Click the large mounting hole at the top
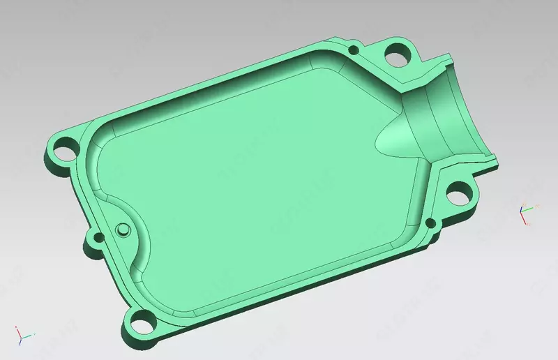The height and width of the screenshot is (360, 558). coord(397,52)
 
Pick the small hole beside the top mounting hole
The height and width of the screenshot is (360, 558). coord(354,50)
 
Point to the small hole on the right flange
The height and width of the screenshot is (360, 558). coord(430,224)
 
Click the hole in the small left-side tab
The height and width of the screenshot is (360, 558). coord(94,241)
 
